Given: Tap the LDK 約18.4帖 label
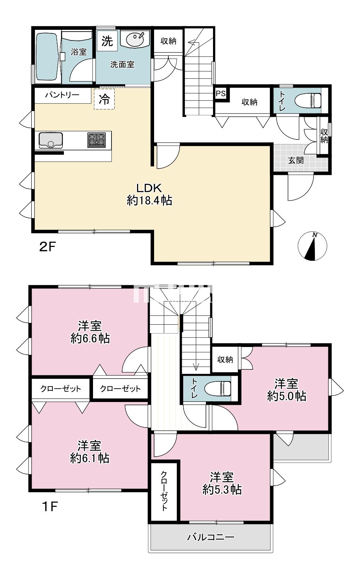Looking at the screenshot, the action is [x=149, y=194].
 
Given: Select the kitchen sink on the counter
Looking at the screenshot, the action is [x=51, y=141].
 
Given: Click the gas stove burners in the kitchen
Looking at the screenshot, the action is [x=97, y=140].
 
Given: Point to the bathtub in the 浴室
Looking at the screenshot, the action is [x=47, y=56].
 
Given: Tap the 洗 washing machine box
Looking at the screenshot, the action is [x=107, y=41].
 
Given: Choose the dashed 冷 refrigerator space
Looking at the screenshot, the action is [x=104, y=99].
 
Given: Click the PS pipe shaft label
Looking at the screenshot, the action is [x=220, y=93].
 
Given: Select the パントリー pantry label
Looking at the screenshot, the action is [x=62, y=95].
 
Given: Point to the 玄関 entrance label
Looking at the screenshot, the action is [x=296, y=160].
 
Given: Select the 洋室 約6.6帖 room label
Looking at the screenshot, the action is [x=90, y=332].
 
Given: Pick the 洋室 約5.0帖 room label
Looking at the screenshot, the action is [x=287, y=390].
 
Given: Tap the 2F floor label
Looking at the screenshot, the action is [x=48, y=247].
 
